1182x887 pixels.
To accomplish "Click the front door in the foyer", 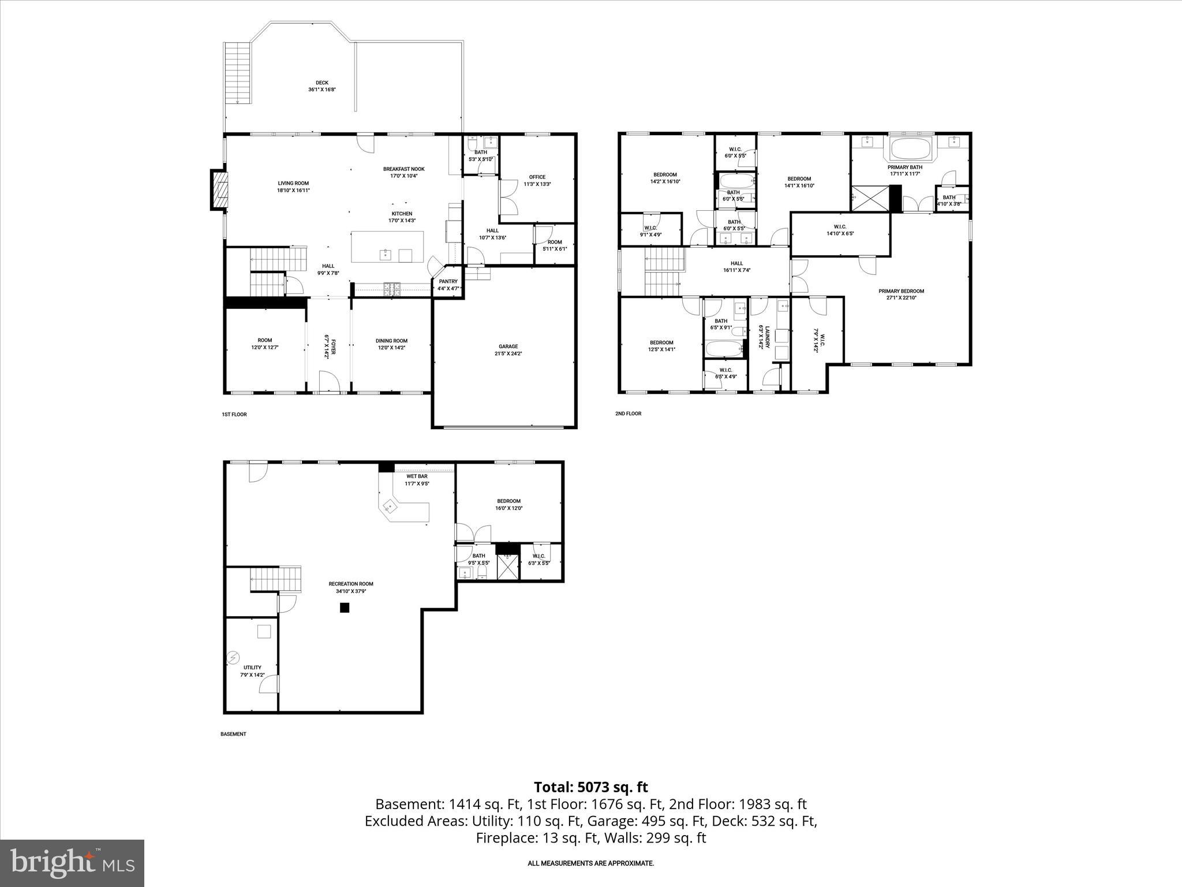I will tap(328, 383).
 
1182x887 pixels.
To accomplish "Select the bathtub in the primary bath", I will tap(911, 149).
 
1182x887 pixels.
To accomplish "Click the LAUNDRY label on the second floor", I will tap(761, 336).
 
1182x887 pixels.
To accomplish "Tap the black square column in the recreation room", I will tap(345, 607).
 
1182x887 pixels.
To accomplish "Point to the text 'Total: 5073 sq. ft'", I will tap(590, 787).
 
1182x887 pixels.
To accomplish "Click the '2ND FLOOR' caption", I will tap(628, 413).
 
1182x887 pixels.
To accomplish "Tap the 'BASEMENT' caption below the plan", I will tap(233, 734).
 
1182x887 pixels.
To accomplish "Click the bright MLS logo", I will tap(72, 863).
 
